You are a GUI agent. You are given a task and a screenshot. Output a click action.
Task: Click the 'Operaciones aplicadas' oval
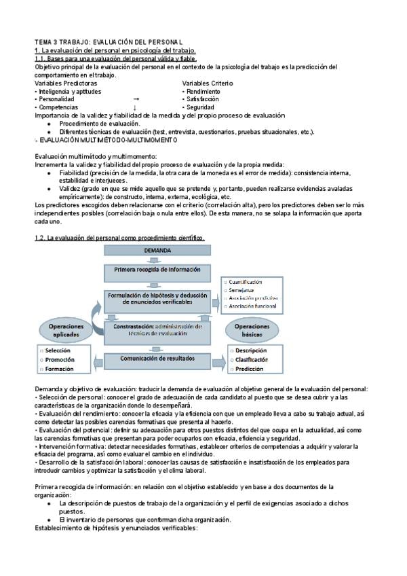click(x=66, y=329)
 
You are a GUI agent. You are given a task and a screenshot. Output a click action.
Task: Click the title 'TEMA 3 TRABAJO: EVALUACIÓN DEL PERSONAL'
click(x=109, y=42)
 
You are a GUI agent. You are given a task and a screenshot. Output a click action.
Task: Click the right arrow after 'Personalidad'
click(x=136, y=99)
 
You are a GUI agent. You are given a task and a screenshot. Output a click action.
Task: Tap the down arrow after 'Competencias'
click(x=135, y=107)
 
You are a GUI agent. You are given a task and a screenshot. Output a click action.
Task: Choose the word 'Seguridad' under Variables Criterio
click(x=200, y=107)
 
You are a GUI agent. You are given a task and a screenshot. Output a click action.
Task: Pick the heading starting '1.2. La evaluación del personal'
click(x=119, y=237)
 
